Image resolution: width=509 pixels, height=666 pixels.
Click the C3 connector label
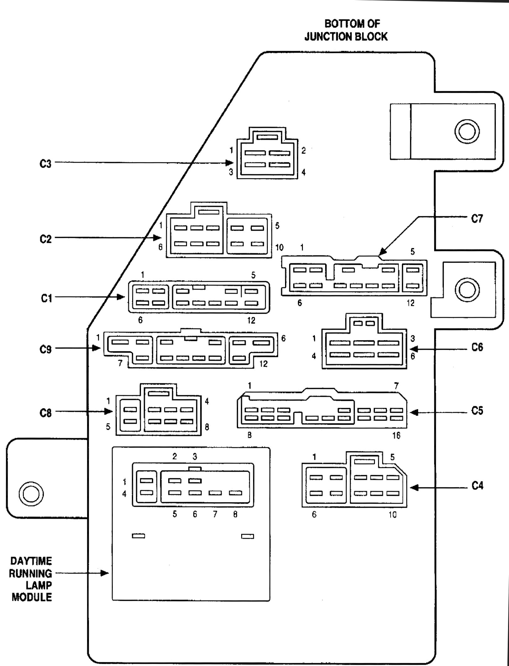tap(45, 164)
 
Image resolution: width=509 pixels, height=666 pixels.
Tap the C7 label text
tap(477, 219)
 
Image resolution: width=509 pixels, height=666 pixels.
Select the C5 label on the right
tap(477, 411)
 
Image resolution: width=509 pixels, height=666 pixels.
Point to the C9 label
tap(45, 349)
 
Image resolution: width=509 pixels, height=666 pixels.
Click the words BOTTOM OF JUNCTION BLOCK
tap(346, 30)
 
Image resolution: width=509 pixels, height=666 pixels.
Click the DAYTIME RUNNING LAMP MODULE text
tap(31, 579)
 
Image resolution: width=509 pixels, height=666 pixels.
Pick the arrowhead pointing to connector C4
tap(414, 488)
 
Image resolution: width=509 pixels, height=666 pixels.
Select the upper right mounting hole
tap(467, 131)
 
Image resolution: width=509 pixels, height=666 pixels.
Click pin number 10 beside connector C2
tap(279, 248)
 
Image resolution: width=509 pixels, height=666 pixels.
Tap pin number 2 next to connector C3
tap(304, 150)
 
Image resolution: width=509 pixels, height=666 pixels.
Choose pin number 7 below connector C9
tap(120, 364)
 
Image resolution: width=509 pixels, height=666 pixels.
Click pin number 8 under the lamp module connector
tap(235, 514)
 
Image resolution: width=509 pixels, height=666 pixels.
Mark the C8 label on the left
tap(45, 413)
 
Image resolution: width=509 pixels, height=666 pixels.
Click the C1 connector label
tap(46, 298)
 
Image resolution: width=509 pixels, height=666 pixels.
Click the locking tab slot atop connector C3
tap(267, 137)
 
